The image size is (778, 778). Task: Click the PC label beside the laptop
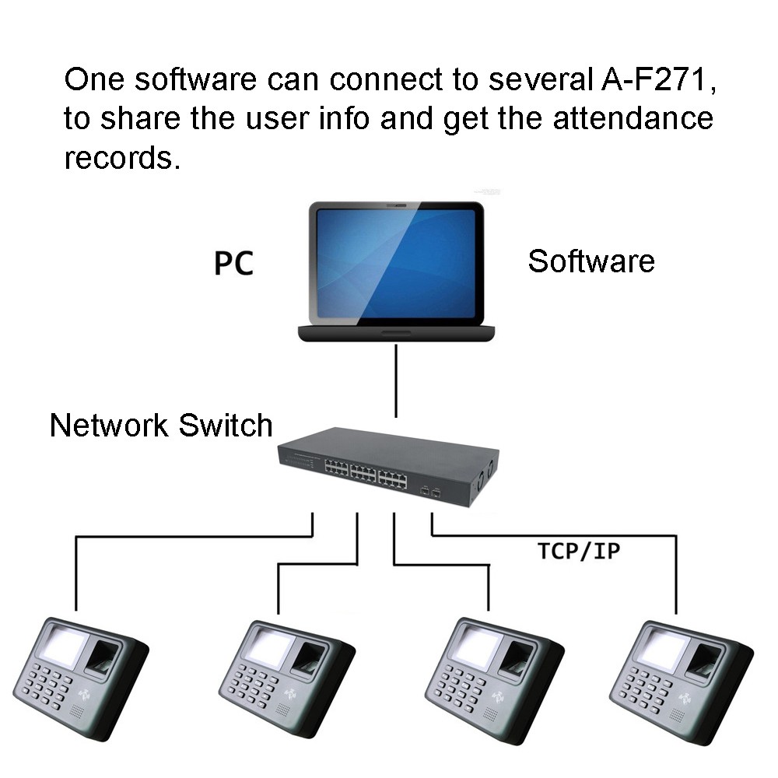coord(233,263)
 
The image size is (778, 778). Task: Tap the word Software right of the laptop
coord(591,261)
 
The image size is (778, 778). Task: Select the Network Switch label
coord(161,426)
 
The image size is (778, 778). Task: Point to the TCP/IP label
coord(578,551)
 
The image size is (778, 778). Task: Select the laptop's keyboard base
coord(397,332)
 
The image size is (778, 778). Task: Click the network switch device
coord(385,467)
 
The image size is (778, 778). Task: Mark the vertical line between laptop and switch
coord(396,381)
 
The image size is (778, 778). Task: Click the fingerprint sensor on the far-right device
coord(705,661)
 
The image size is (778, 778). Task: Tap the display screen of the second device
coord(267,647)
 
